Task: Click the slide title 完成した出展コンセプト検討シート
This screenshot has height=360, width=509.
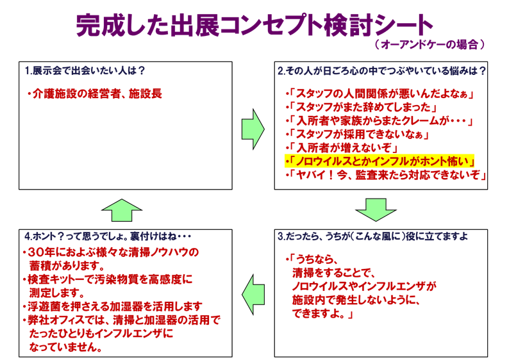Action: coord(254,25)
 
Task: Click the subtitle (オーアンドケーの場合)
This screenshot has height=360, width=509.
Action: coord(429,45)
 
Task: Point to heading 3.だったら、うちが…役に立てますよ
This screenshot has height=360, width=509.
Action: coord(372,236)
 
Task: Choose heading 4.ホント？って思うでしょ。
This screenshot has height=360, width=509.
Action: coord(108,236)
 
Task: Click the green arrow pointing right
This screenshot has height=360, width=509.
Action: coord(253,129)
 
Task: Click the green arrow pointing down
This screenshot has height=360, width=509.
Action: coord(376,209)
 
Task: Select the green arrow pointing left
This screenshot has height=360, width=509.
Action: coord(253,294)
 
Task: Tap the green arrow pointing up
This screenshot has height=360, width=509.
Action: coord(121,210)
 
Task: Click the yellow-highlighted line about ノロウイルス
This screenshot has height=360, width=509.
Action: coord(380,161)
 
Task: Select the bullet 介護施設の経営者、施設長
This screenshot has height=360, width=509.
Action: coord(94,94)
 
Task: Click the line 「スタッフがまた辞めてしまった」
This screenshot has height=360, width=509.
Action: coord(362,107)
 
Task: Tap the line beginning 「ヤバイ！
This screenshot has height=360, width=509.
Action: coord(386,175)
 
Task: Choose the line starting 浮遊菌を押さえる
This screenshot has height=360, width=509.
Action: coord(112,306)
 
